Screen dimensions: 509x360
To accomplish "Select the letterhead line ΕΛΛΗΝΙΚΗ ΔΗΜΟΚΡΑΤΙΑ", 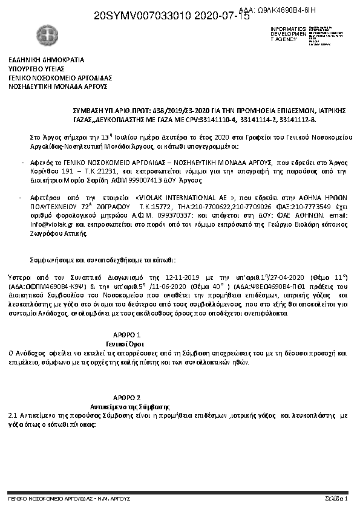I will click(46, 60).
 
